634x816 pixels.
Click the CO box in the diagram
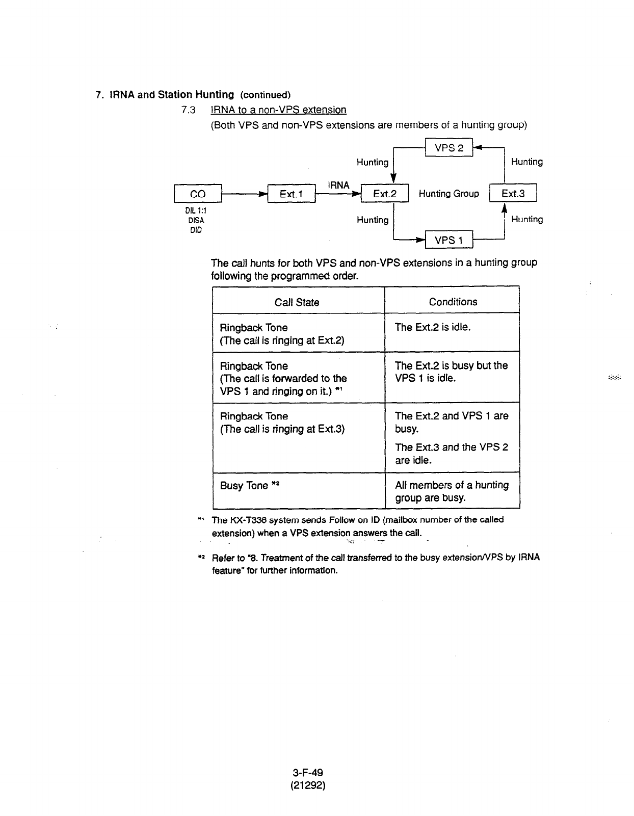(198, 194)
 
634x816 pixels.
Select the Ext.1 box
(291, 194)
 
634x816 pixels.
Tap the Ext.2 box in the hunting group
(384, 194)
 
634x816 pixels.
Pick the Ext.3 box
(513, 193)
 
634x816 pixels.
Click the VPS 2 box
(449, 148)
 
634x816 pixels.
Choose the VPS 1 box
(449, 240)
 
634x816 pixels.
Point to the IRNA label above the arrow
(339, 185)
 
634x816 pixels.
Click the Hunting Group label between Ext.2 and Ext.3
(448, 194)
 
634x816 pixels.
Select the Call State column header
(297, 302)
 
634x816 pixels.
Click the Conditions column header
(453, 302)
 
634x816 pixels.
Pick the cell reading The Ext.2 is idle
(433, 327)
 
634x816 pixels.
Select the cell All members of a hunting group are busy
(452, 491)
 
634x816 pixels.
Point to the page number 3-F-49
(308, 773)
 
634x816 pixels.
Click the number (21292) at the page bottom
(308, 785)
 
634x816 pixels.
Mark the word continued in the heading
(265, 95)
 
